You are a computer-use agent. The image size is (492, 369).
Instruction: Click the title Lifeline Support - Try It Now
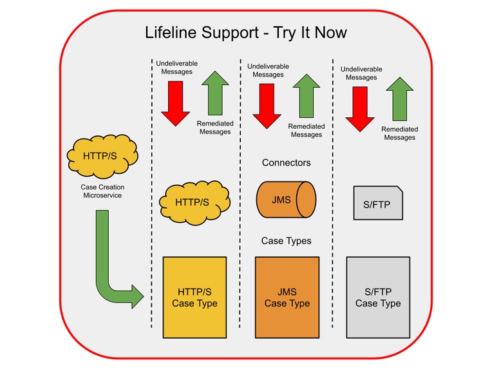tap(246, 32)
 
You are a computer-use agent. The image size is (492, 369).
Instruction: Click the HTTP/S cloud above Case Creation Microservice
tap(102, 156)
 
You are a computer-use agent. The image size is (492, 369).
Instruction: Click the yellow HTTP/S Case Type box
tap(194, 297)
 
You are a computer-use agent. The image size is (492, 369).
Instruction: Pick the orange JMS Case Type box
tap(287, 297)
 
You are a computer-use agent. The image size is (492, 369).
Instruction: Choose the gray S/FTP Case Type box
tap(378, 297)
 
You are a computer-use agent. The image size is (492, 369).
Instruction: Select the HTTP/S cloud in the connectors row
tap(192, 202)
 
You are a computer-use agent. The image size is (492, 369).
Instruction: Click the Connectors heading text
tap(286, 162)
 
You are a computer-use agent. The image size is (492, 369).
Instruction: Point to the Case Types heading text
tap(286, 241)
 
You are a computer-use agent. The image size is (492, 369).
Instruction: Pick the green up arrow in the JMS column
tap(307, 97)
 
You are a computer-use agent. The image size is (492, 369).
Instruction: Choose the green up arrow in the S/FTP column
tap(399, 100)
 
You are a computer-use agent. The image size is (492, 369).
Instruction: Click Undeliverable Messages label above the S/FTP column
tap(361, 73)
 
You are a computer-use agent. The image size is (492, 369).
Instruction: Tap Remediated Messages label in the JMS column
tap(306, 131)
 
